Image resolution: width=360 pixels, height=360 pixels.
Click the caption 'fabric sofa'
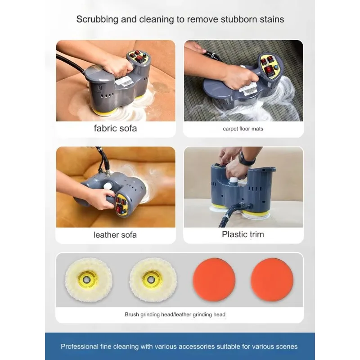[115, 128]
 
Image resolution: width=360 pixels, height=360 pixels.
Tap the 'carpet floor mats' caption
[243, 129]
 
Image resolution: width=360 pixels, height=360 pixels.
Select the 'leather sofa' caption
[115, 235]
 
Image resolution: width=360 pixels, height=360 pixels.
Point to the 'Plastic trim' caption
[243, 234]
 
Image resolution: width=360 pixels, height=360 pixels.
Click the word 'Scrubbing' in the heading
[97, 19]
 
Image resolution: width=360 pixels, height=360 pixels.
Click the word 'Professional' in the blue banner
[80, 346]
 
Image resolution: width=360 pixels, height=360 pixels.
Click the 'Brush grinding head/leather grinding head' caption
[175, 314]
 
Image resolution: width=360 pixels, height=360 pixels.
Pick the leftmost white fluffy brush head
[89, 279]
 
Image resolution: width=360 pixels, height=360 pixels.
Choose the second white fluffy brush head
[153, 279]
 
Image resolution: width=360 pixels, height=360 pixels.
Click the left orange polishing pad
[214, 279]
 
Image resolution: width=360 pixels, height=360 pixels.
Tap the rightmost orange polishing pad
[272, 279]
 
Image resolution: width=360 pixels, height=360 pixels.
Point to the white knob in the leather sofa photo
[108, 186]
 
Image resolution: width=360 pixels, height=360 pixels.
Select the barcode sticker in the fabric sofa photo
[124, 81]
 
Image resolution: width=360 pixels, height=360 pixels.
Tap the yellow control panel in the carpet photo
[269, 65]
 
